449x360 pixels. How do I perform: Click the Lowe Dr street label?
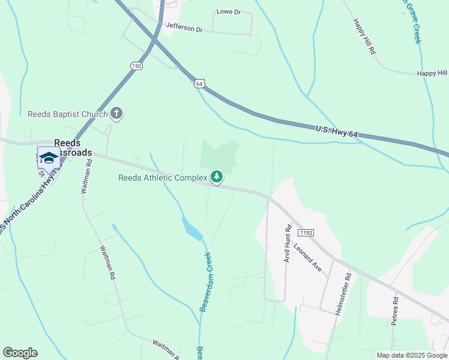tap(228, 11)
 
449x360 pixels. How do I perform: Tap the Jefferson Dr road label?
tap(185, 27)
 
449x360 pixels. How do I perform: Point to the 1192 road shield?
tap(306, 232)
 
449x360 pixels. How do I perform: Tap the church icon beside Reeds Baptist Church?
tap(116, 113)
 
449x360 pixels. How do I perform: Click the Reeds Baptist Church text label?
tap(68, 114)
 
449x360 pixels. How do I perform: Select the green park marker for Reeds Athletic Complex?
tap(217, 177)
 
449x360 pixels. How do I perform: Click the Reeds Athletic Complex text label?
tap(163, 178)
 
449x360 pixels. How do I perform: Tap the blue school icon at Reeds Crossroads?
tap(49, 158)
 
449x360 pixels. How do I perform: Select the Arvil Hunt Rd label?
tap(288, 246)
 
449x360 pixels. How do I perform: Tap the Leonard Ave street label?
tap(308, 257)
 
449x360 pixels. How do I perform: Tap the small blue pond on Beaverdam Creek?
tap(192, 229)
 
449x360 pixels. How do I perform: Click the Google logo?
tap(20, 353)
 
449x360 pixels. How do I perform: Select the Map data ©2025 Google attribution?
tap(412, 355)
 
